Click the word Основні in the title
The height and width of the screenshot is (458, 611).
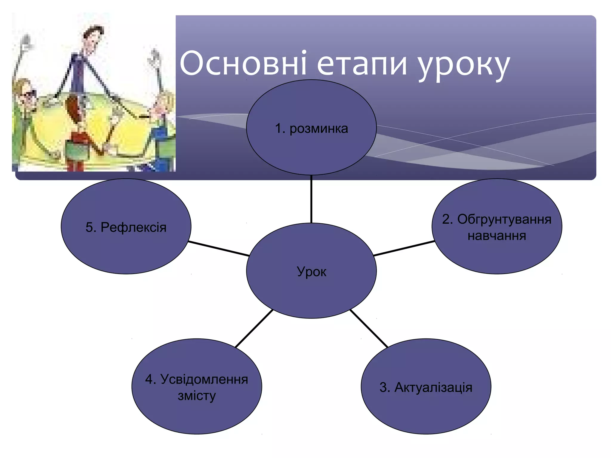coord(243,64)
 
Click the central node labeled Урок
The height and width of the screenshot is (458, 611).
coord(311,271)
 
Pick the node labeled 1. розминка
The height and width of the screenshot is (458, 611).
coord(311,129)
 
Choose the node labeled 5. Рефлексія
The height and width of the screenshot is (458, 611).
coord(126,227)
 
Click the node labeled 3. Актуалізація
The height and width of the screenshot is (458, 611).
coord(426,387)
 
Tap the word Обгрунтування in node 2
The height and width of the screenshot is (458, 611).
coord(504,219)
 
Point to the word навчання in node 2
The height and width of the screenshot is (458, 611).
coord(497,236)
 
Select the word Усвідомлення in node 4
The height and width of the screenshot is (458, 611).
coord(204,379)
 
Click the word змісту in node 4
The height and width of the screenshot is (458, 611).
coord(197,396)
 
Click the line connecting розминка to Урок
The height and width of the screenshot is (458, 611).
coord(311,199)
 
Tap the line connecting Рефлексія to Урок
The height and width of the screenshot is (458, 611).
coord(219,248)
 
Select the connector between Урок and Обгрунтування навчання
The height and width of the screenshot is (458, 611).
coord(404,248)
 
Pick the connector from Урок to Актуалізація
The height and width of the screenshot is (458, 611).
coord(369,328)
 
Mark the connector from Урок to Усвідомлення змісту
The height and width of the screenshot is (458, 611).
coord(254,328)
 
